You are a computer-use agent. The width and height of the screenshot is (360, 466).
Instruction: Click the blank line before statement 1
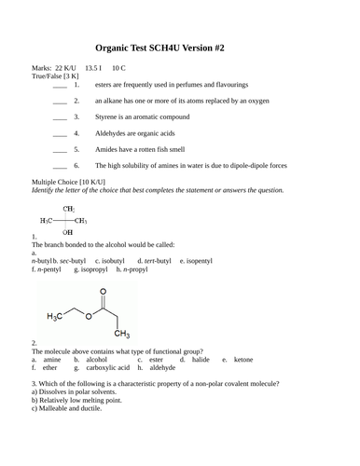60,85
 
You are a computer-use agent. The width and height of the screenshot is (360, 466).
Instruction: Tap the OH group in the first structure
67,231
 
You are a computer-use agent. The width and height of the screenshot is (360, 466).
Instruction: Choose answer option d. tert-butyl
153,260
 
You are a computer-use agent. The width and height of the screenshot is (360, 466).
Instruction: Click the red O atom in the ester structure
87,315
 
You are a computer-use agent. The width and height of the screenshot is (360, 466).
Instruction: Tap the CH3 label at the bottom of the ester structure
121,334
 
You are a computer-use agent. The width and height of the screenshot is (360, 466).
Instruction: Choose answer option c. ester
152,359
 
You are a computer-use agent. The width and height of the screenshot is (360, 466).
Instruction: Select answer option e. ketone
237,359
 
